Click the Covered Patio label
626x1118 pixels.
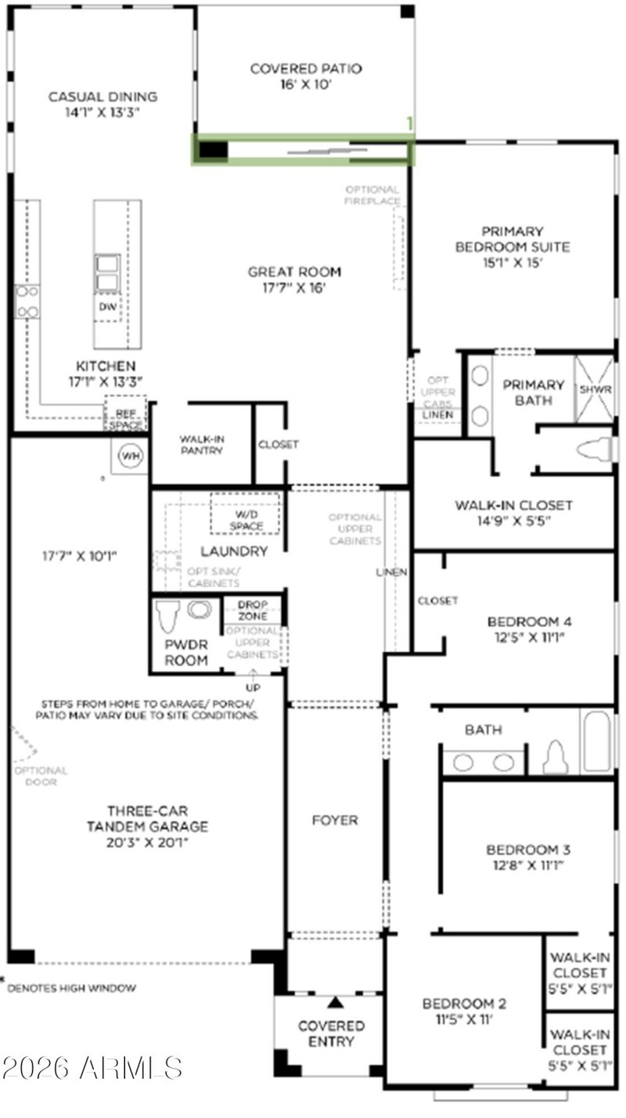[x=306, y=77]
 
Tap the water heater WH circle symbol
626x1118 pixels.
[x=128, y=456]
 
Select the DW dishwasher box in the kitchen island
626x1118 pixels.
[x=108, y=308]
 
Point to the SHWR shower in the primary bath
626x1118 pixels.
[x=595, y=389]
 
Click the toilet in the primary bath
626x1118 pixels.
[x=593, y=449]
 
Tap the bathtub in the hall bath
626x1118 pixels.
[x=597, y=741]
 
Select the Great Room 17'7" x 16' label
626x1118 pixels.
[x=294, y=279]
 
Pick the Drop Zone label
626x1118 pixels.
[x=253, y=611]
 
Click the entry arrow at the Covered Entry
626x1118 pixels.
[x=336, y=1002]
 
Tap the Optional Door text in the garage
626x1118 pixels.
[x=40, y=776]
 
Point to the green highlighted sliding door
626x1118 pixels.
[x=304, y=150]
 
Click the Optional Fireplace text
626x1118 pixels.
[x=372, y=195]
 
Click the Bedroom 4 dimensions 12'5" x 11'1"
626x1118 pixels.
[x=530, y=637]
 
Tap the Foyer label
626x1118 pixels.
[x=334, y=820]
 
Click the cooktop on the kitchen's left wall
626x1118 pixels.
[x=27, y=301]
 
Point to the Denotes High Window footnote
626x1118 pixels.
[x=70, y=988]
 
